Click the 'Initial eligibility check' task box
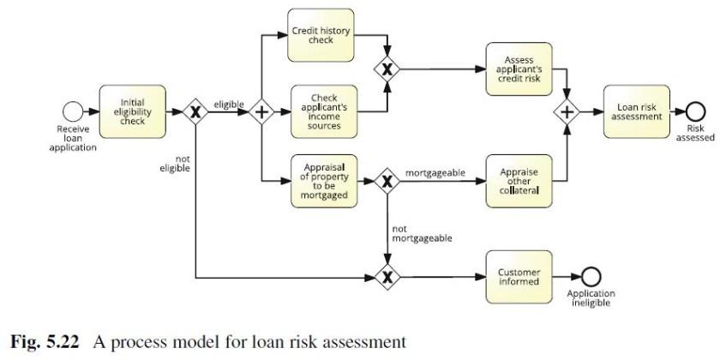pyautogui.click(x=133, y=111)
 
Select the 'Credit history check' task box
pyautogui.click(x=321, y=35)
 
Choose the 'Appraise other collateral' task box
pyautogui.click(x=518, y=181)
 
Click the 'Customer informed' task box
pyautogui.click(x=518, y=277)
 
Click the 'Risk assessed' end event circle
pyautogui.click(x=694, y=111)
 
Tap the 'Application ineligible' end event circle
pyautogui.click(x=591, y=277)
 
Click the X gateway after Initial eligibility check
pyautogui.click(x=196, y=111)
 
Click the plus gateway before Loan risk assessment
pyautogui.click(x=567, y=111)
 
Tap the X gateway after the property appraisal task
pyautogui.click(x=387, y=181)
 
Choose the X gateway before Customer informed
pyautogui.click(x=387, y=277)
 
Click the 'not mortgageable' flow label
pyautogui.click(x=421, y=233)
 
